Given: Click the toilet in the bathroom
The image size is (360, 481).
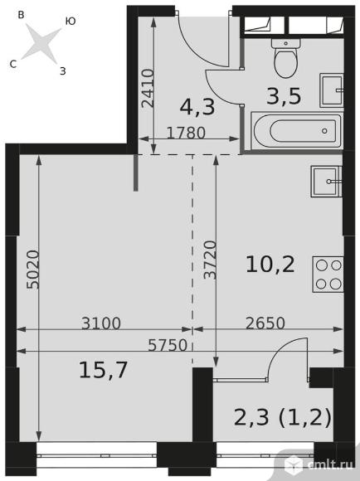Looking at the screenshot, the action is tap(285, 58).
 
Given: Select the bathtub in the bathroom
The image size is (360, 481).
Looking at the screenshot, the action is tap(296, 131).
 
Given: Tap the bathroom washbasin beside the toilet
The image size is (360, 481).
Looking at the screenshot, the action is tap(332, 90).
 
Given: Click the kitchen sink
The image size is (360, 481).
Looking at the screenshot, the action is tap(327, 182).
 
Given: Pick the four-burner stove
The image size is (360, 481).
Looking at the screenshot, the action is tap(328, 275).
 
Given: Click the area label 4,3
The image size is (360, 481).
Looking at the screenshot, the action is tap(197, 108).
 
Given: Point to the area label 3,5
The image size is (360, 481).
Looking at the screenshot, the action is tap(284, 96).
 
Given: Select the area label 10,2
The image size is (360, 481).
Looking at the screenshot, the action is tap(270, 265).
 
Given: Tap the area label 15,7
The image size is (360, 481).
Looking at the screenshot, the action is tap(103, 370).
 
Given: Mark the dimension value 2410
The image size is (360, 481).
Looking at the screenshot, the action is tap(148, 88).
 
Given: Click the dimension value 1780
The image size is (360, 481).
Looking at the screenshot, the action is tap(186, 134).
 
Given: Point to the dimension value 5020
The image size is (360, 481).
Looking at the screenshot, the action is tap(33, 270).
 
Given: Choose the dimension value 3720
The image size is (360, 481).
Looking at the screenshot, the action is tap(211, 260).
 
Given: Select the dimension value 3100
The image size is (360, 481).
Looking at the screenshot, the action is tap(101, 323).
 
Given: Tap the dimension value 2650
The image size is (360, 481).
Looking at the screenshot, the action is tap(265, 323).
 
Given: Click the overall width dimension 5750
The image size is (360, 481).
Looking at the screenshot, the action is tap(168, 346).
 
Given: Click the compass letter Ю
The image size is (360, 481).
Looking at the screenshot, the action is tap(71, 22).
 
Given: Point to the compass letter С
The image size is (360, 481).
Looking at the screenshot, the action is tap(13, 64).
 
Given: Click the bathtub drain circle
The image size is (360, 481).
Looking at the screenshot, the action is tap(324, 131).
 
